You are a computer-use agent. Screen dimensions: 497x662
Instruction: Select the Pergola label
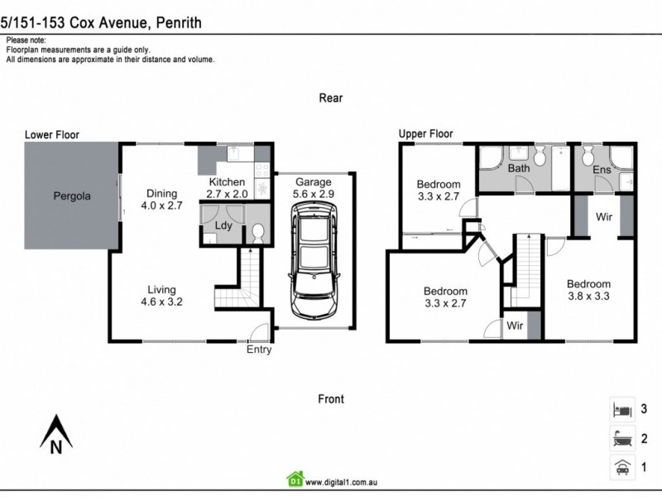[x=72, y=197]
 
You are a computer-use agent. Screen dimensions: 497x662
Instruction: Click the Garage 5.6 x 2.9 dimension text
[x=314, y=188]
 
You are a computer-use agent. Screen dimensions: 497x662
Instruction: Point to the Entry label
[x=258, y=350]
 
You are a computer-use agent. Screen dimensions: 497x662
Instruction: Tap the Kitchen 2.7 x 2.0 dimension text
[x=227, y=188]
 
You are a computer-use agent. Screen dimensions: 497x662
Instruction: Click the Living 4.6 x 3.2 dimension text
[x=161, y=296]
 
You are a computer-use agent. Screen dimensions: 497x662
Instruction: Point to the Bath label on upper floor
[x=519, y=168]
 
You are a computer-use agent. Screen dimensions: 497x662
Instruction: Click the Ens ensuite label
[x=602, y=169]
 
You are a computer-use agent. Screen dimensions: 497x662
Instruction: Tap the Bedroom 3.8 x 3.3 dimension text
[x=588, y=290]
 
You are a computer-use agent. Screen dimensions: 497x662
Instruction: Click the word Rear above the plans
[x=331, y=98]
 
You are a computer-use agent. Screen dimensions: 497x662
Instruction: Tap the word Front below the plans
[x=331, y=398]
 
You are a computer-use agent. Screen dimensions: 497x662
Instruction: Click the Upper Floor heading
[x=425, y=133]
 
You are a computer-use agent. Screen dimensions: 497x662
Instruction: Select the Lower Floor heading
[x=51, y=134]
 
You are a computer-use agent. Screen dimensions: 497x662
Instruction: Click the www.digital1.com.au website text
[x=348, y=480]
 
